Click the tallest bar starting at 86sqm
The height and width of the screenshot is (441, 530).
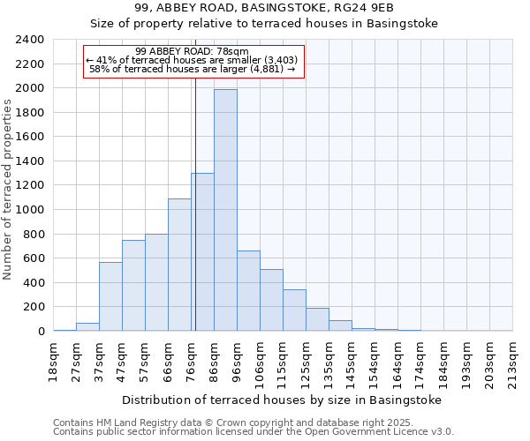tap(225, 210)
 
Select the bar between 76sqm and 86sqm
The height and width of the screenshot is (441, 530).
tap(202, 251)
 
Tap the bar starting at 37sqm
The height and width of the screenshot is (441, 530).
tap(110, 296)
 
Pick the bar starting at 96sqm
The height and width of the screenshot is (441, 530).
tap(248, 290)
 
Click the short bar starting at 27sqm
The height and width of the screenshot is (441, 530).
tap(87, 326)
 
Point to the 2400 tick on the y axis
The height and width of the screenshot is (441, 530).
tap(30, 40)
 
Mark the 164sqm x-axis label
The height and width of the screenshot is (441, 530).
tap(397, 362)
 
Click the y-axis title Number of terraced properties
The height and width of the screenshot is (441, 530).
tap(8, 189)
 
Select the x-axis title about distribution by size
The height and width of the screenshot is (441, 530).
tap(281, 400)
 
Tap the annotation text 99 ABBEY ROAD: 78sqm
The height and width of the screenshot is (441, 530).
tap(193, 51)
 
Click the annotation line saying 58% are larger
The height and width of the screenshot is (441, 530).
tap(193, 69)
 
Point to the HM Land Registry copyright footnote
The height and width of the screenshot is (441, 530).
tap(246, 422)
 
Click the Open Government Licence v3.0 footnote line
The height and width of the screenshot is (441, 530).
tap(254, 431)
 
